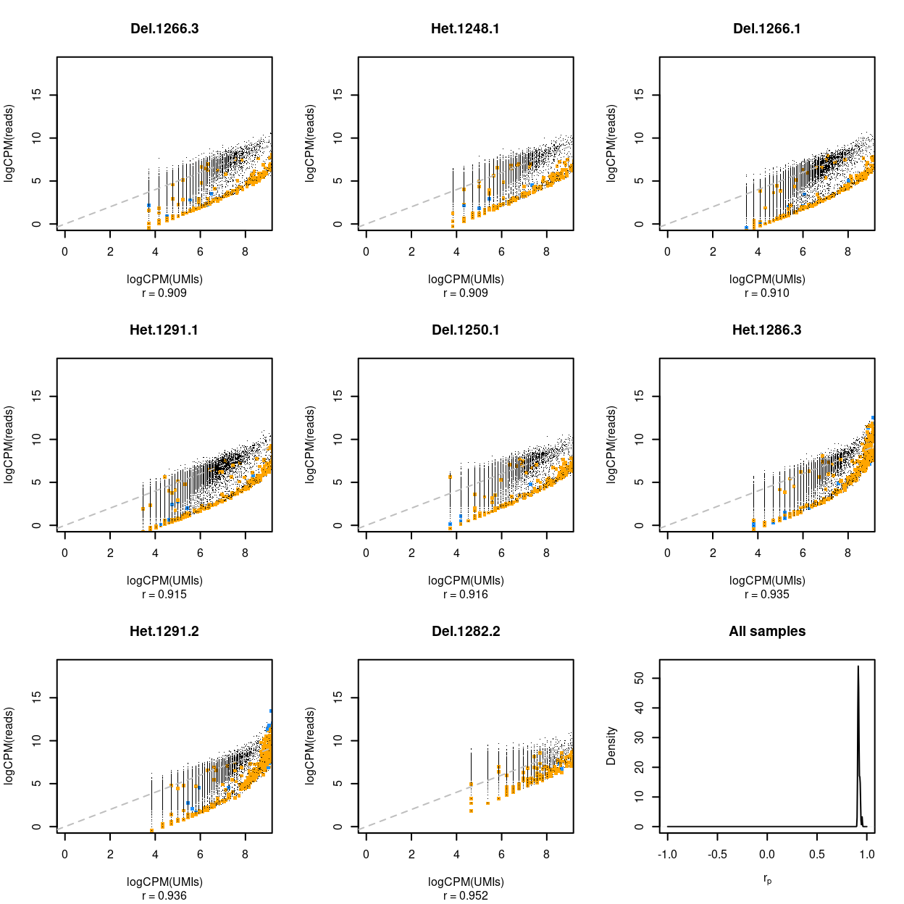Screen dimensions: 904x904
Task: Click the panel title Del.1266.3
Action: tap(164, 29)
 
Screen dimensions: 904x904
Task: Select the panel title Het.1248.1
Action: tap(465, 29)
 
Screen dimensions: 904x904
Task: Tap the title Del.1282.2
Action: tap(465, 631)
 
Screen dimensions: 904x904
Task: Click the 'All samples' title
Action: tap(767, 631)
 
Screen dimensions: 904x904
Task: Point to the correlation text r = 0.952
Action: tap(465, 895)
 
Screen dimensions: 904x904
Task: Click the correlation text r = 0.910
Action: tap(767, 293)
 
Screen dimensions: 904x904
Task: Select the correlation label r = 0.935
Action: tap(767, 594)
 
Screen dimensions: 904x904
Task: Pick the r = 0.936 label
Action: tap(164, 895)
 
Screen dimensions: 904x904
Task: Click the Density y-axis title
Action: tap(611, 746)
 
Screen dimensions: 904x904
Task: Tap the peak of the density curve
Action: tap(858, 666)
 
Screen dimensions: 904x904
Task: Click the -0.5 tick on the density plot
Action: tap(717, 854)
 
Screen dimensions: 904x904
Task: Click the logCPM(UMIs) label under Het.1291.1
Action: tap(164, 580)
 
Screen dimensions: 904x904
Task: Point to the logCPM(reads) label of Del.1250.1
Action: tap(310, 445)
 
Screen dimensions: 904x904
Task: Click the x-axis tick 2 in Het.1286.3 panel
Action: tap(713, 553)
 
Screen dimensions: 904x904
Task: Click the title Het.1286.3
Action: tap(767, 330)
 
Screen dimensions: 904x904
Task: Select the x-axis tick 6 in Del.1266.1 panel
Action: tap(803, 251)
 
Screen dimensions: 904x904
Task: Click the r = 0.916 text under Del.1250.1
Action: tap(465, 594)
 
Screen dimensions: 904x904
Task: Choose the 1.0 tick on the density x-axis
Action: tap(867, 854)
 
